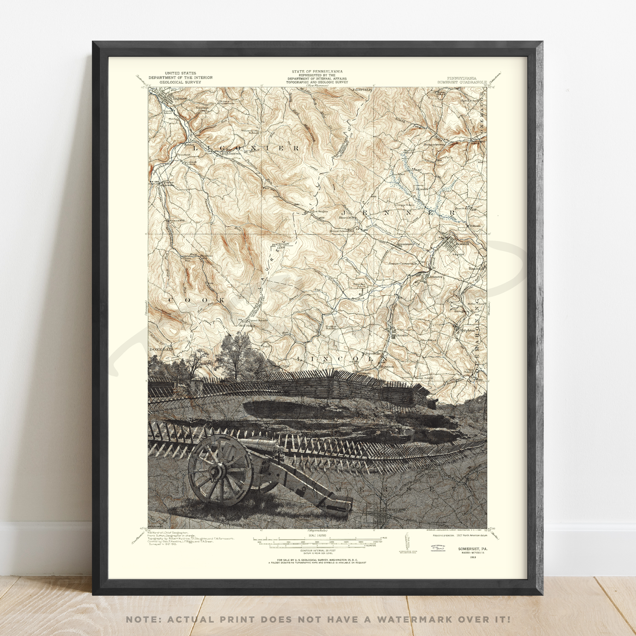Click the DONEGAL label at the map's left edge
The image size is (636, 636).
(x=161, y=349)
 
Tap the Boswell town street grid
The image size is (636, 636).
(x=451, y=244)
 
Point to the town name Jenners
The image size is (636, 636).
(x=436, y=276)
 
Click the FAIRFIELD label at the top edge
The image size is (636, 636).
(x=362, y=89)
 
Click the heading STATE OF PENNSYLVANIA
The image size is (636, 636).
(x=317, y=71)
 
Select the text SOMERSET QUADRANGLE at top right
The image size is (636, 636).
(x=462, y=82)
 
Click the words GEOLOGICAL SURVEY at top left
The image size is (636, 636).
(x=180, y=82)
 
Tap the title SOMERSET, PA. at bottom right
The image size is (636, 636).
(x=472, y=549)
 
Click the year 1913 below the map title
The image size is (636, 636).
(x=472, y=557)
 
